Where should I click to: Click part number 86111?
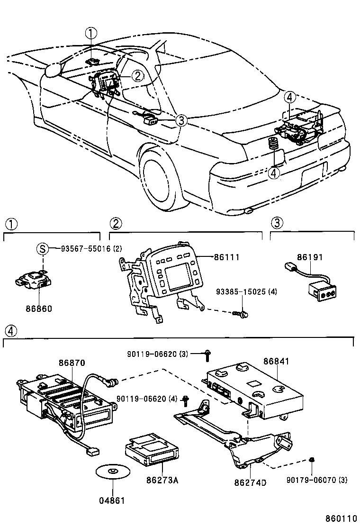pos(227,257)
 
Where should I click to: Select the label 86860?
pos(39,309)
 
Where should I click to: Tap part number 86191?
pos(310,257)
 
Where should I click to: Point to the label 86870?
pos(72,363)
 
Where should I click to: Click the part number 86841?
pos(276,361)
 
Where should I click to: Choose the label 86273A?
pos(162,480)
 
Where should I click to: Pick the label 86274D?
pos(250,482)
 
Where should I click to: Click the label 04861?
pos(112,500)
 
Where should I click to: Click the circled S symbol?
pos(42,249)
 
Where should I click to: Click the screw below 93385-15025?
pos(241,314)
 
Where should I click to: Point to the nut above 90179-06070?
pos(312,460)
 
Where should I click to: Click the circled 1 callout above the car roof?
pos(91,33)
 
